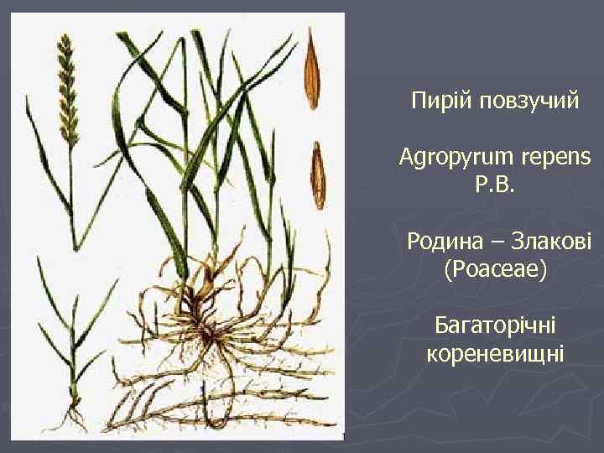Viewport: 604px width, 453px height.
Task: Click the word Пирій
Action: click(435, 101)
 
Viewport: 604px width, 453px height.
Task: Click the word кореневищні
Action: click(495, 353)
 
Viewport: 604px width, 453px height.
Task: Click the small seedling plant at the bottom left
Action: click(71, 336)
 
